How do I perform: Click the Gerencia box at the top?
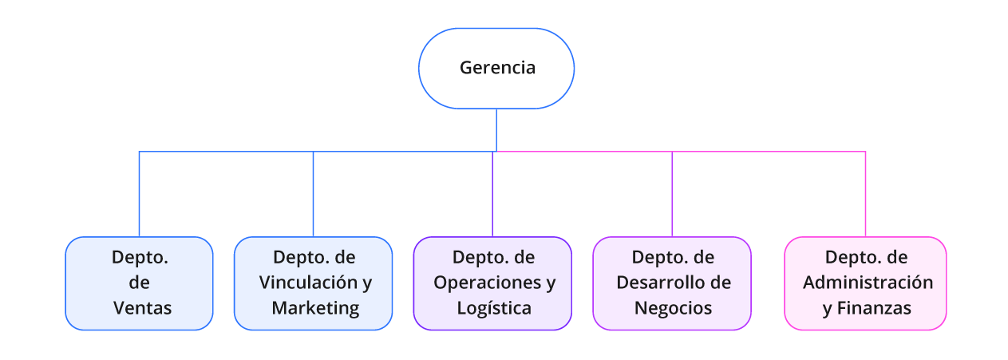point(496,68)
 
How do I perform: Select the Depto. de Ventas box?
point(139,283)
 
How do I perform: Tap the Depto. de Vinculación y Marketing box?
point(313,283)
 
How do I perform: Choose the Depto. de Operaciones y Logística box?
point(492,283)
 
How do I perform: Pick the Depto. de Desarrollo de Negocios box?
point(672,283)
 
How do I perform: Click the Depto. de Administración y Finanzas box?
point(865,283)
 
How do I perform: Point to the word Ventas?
point(142,307)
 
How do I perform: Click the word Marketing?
point(315,307)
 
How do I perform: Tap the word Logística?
point(494,307)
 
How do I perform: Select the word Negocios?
point(673,307)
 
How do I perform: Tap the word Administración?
point(868,283)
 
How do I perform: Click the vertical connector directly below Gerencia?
point(496,129)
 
